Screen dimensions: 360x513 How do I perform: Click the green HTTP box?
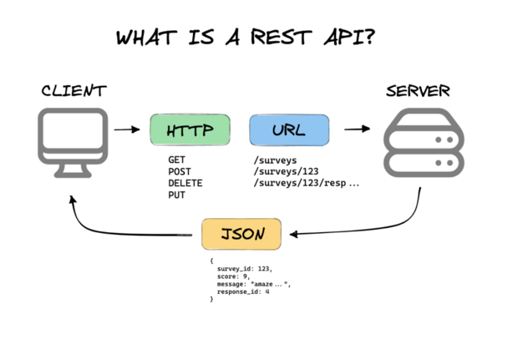pyautogui.click(x=190, y=131)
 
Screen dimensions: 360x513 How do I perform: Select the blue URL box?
pyautogui.click(x=288, y=131)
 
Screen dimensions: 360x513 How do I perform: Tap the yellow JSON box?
pyautogui.click(x=241, y=235)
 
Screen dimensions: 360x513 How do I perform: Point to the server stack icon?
pyautogui.click(x=423, y=144)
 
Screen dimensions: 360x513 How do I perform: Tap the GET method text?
pyautogui.click(x=178, y=159)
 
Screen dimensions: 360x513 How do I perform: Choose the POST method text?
pyautogui.click(x=180, y=170)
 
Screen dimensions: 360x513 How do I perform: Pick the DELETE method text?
pyautogui.click(x=185, y=182)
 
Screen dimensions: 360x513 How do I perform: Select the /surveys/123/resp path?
pyautogui.click(x=305, y=182)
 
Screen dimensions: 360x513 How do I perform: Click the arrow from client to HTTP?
pyautogui.click(x=127, y=130)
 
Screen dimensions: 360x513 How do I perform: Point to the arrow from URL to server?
pyautogui.click(x=357, y=130)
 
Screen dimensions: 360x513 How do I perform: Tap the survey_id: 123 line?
pyautogui.click(x=244, y=269)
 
